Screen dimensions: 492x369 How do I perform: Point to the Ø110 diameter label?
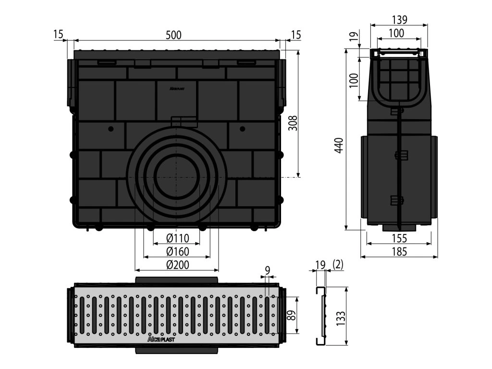click(177, 238)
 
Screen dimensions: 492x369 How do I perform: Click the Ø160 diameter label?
click(177, 251)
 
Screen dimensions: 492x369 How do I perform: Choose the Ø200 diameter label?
click(177, 264)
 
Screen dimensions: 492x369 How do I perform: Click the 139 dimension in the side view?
click(399, 20)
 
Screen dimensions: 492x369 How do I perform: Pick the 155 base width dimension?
click(399, 238)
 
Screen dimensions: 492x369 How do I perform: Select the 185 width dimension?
click(399, 251)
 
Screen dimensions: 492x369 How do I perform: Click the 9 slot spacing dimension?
click(267, 270)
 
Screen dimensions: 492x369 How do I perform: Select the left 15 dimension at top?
click(58, 34)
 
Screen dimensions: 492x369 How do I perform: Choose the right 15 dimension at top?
click(296, 34)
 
